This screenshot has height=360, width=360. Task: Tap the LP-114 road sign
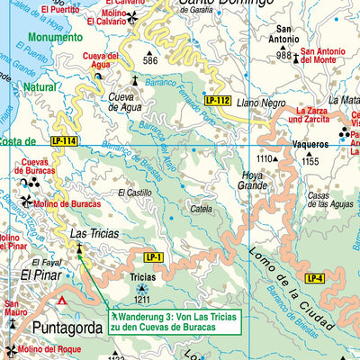[x=63, y=140]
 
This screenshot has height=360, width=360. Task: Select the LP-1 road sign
[x=153, y=257]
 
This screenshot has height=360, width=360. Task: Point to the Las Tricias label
[x=90, y=234]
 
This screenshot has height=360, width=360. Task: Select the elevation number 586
[x=149, y=61]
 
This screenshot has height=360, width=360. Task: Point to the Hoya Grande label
[x=252, y=181]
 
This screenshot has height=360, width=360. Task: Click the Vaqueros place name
[x=310, y=143]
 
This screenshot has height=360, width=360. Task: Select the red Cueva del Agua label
[x=100, y=61]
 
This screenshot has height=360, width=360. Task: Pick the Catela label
[x=201, y=209]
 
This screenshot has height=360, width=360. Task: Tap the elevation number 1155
[x=310, y=161]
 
